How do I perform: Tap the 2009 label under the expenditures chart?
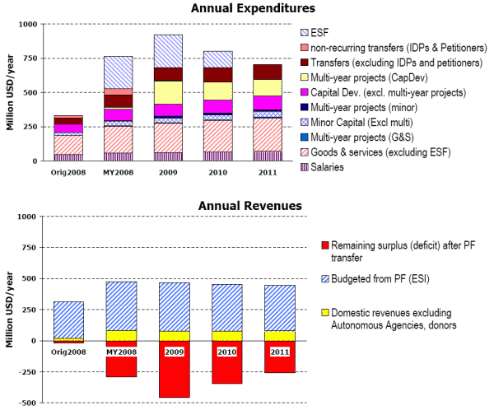pos(168,174)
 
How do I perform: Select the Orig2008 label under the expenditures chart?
pos(68,174)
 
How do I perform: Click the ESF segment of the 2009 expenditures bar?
pos(168,51)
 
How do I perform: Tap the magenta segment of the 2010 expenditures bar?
pos(218,106)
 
